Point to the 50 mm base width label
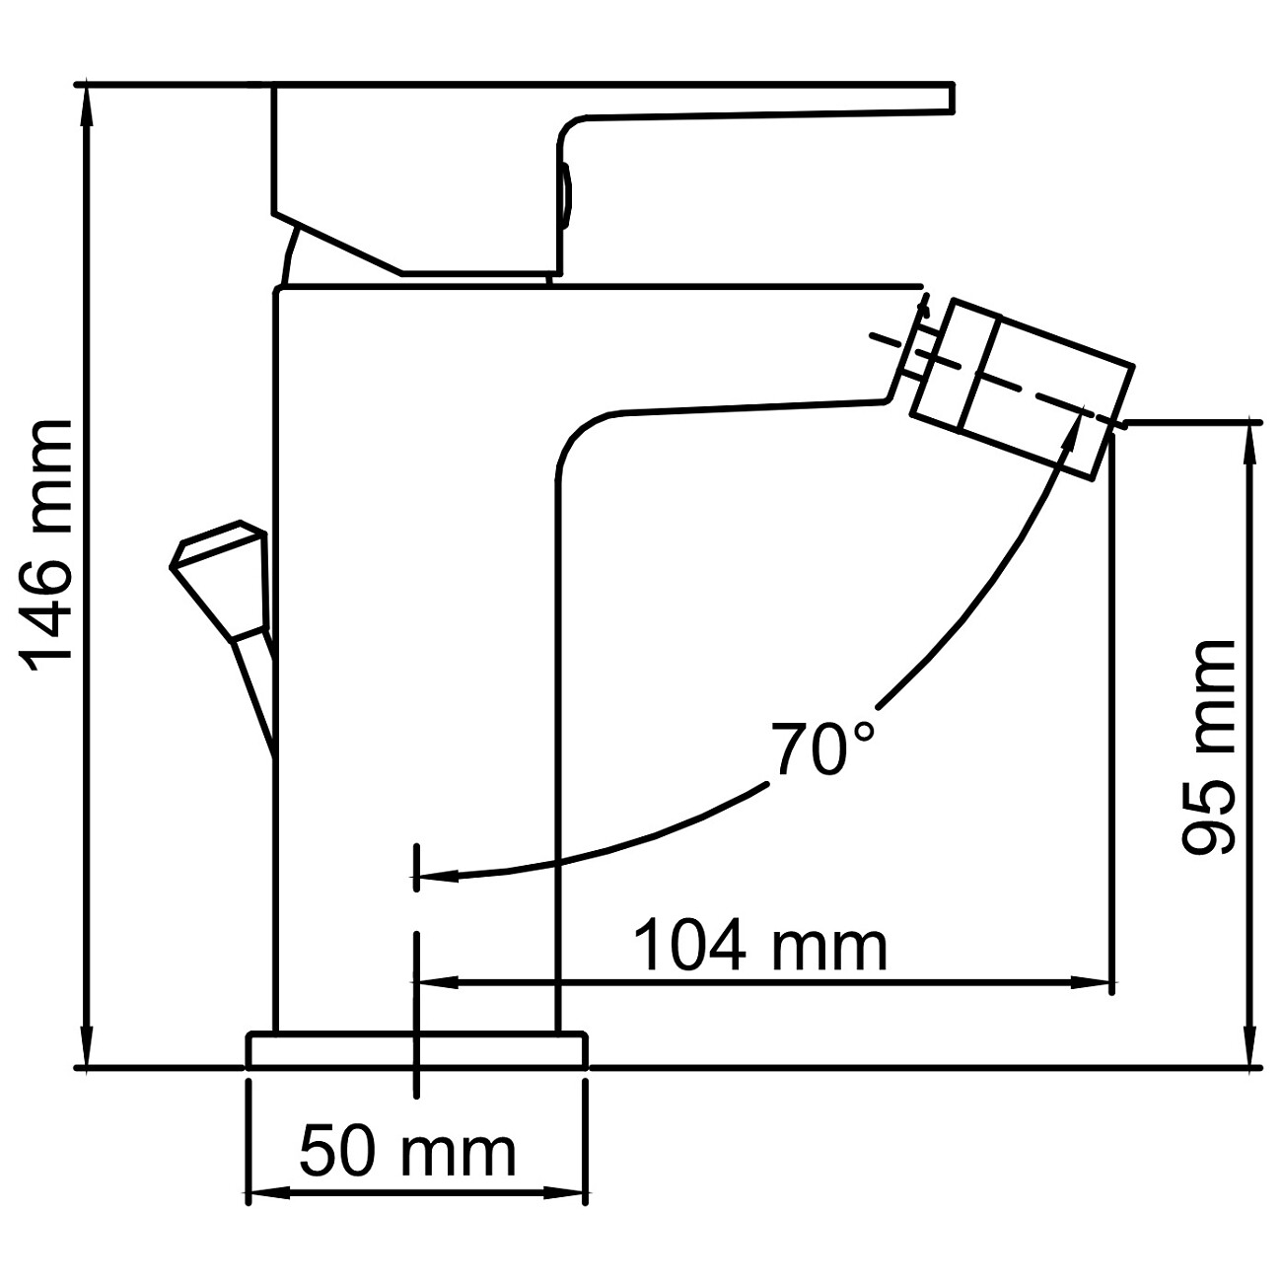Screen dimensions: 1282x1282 click(407, 1151)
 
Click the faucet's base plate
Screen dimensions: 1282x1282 click(416, 1050)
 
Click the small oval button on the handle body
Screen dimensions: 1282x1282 click(565, 192)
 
